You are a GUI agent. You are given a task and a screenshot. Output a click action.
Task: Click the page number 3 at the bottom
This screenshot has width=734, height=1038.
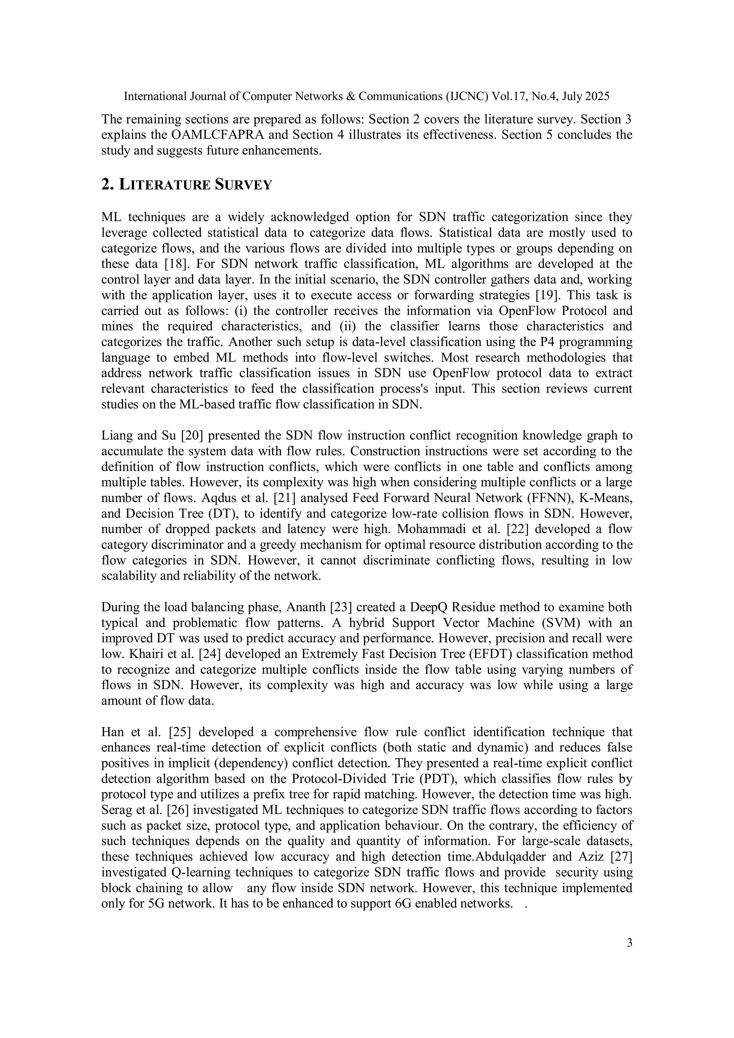point(629,943)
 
